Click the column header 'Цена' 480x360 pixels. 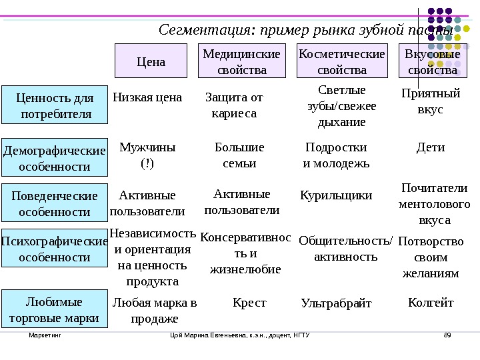(151, 61)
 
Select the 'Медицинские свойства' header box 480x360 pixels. (241, 61)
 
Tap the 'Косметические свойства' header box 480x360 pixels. (342, 61)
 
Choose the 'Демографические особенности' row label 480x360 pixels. (55, 158)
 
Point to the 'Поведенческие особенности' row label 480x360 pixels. (55, 203)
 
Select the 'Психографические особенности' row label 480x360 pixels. (55, 249)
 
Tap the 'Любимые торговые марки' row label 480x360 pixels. (55, 310)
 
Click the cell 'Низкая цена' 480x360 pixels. (147, 97)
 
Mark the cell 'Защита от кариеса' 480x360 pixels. (233, 105)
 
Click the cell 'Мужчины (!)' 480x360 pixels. (147, 155)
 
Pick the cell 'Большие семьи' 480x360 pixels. (239, 155)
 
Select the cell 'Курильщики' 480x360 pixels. (337, 195)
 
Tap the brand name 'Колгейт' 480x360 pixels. (430, 303)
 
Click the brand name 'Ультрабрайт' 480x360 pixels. (337, 304)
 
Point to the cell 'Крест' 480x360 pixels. (249, 303)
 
